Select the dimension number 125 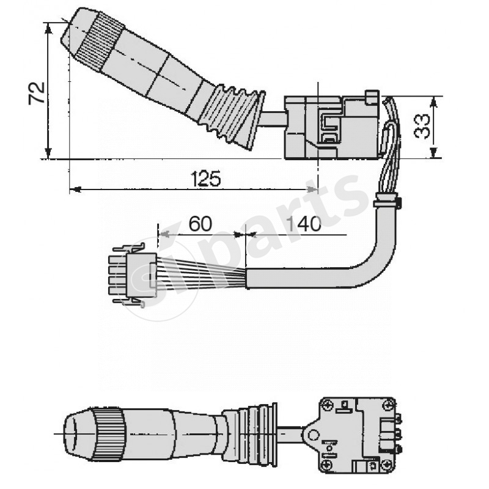[x=205, y=178]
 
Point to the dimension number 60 [x=200, y=224]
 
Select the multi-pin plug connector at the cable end [x=131, y=274]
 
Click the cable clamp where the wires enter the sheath [x=386, y=200]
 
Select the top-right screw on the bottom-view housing [x=387, y=404]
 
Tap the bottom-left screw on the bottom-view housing [x=328, y=466]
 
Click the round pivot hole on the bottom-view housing [x=314, y=435]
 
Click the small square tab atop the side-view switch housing [x=371, y=97]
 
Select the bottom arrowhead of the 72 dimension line [x=48, y=154]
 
